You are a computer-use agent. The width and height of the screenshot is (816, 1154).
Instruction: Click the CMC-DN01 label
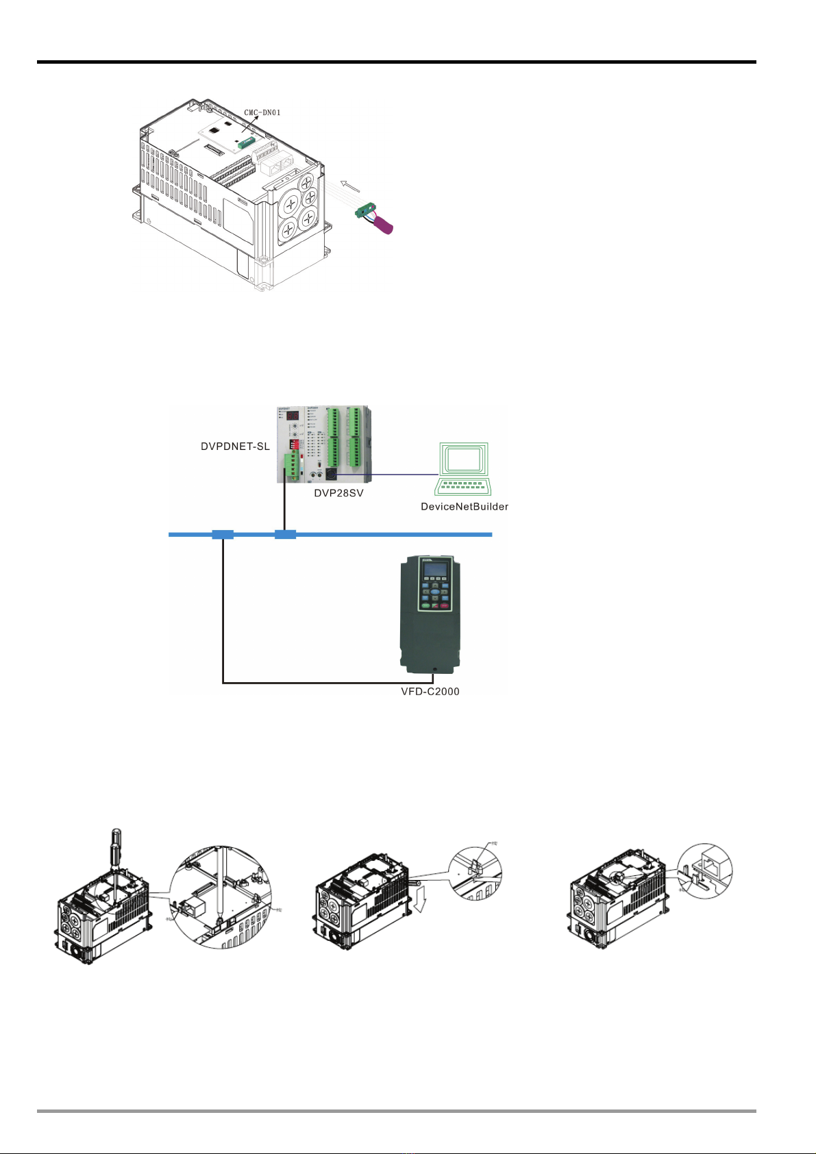point(262,112)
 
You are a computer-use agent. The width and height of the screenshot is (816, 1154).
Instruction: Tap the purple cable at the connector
point(382,225)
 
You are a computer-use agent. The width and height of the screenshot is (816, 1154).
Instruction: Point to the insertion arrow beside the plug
point(351,185)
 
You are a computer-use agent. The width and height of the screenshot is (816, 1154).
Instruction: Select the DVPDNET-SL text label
point(235,447)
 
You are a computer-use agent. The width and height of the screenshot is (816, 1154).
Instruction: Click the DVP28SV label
point(338,493)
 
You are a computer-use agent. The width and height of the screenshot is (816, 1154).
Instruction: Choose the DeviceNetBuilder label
point(465,507)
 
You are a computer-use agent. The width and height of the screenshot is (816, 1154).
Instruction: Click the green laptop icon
point(464,468)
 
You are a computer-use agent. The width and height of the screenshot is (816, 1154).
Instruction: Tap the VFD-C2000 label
point(430,692)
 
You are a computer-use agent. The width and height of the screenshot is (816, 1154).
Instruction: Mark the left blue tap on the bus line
point(223,534)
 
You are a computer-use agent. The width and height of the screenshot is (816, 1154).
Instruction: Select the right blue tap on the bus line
point(285,534)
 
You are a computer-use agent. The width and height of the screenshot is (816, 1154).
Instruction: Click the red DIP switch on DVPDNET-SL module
point(294,444)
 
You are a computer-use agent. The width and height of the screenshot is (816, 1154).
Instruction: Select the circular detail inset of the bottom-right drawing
point(705,871)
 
